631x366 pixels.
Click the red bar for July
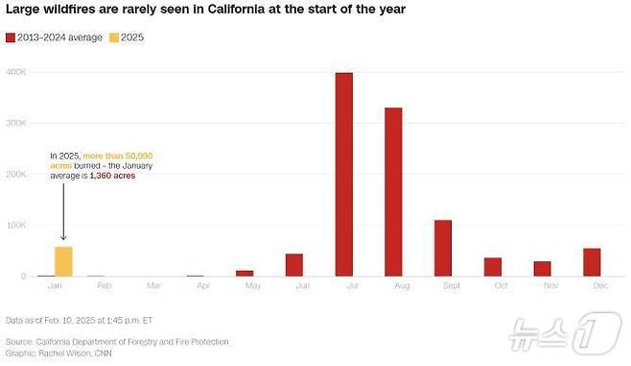(343, 174)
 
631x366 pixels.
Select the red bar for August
(393, 191)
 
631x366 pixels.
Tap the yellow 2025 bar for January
(63, 261)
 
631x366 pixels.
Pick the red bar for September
(443, 248)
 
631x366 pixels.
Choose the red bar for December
(592, 262)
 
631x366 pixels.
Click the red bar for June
(294, 265)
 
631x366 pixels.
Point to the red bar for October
(493, 267)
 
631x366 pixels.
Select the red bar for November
(542, 269)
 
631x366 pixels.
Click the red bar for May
(245, 273)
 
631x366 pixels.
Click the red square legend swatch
(11, 37)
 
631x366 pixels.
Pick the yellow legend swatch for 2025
(112, 37)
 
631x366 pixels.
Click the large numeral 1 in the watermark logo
(595, 330)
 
